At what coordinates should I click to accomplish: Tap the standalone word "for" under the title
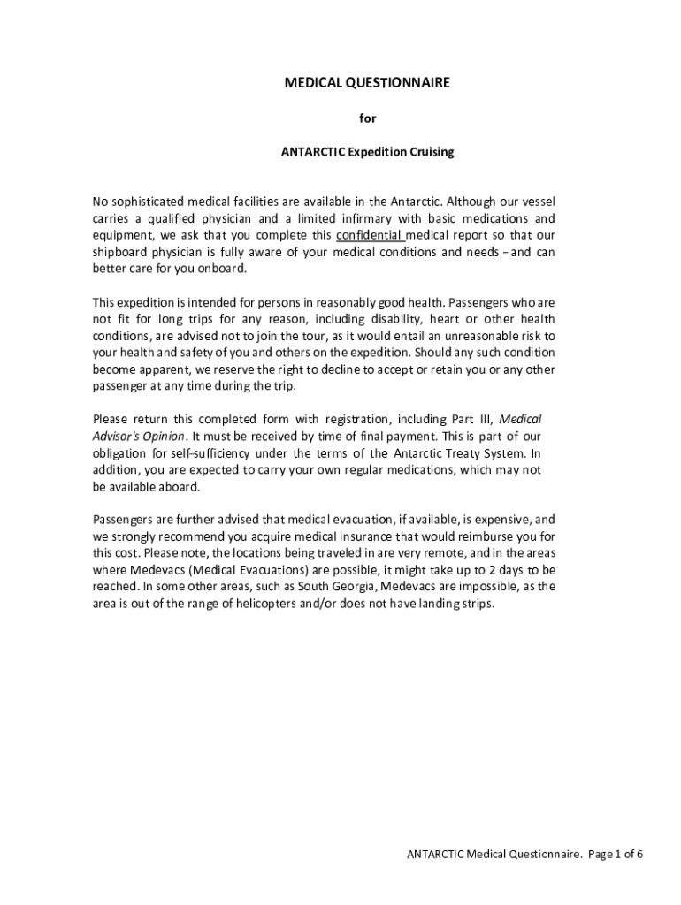tap(367, 118)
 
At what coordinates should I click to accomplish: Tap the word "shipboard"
tap(120, 252)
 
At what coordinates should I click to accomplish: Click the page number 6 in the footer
tap(639, 855)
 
